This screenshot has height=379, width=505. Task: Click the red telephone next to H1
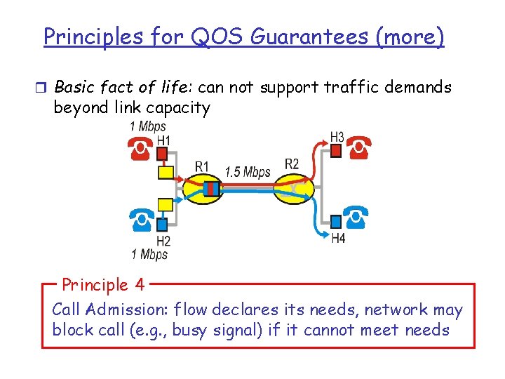(x=140, y=147)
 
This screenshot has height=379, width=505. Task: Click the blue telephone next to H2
(x=140, y=222)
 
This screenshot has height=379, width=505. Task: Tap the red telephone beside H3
(x=360, y=148)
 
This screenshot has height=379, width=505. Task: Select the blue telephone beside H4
(x=358, y=219)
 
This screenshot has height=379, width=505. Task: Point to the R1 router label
(x=202, y=166)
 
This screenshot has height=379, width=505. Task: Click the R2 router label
(x=292, y=164)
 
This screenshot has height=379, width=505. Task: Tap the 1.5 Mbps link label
(x=248, y=171)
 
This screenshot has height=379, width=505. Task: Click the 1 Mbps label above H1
(x=148, y=127)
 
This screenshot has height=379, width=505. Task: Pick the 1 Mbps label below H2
(x=149, y=254)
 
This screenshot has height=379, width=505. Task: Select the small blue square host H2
(x=163, y=225)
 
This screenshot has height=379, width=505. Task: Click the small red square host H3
(x=336, y=150)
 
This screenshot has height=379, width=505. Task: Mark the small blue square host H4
(x=336, y=222)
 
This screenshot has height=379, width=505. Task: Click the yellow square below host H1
(x=165, y=171)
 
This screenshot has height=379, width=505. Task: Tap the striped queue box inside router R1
(x=212, y=188)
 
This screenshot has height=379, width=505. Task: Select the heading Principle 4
(x=103, y=285)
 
